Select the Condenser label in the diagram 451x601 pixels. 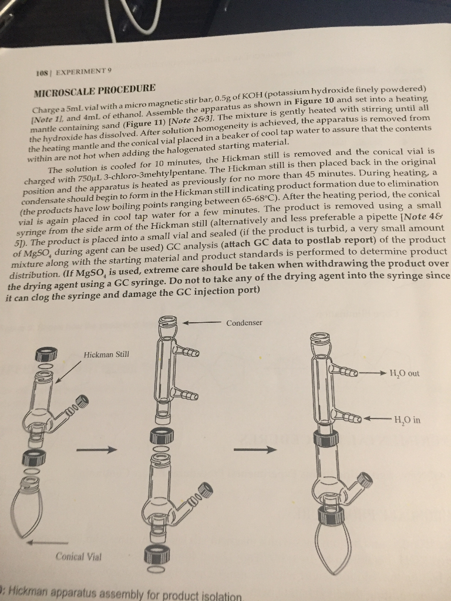(x=244, y=323)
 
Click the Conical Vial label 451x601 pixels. (x=78, y=556)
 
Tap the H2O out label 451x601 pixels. (x=405, y=373)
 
